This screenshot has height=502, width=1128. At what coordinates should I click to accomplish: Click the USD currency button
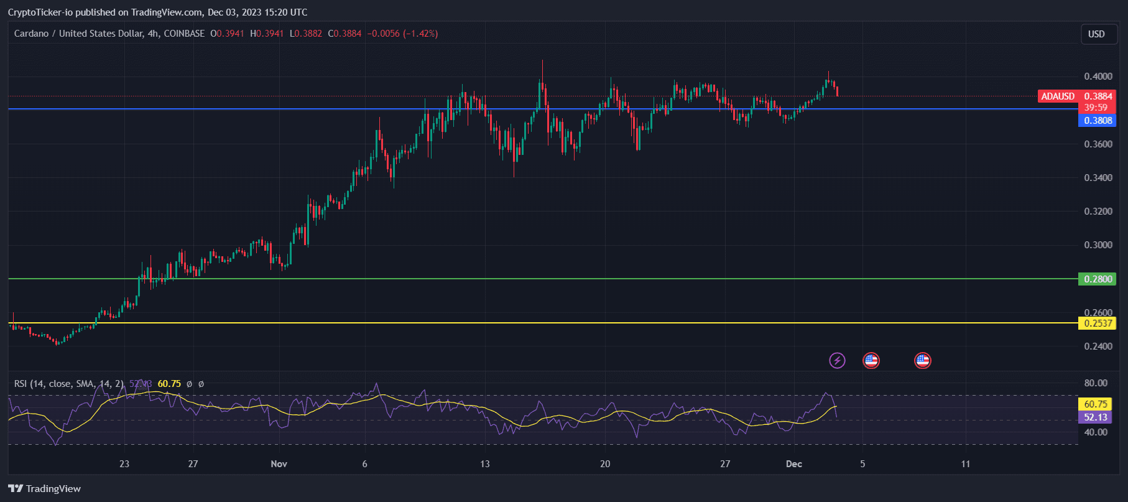point(1096,34)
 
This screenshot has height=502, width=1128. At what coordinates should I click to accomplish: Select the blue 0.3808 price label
point(1098,121)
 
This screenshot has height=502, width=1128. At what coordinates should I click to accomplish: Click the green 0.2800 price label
point(1098,279)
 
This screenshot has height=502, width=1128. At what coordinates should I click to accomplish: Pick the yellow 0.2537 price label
point(1098,323)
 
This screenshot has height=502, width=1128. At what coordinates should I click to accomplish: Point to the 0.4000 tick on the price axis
point(1098,77)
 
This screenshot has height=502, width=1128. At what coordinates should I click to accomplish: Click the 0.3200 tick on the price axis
point(1098,211)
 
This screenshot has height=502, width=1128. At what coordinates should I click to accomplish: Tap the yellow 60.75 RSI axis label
point(1095,404)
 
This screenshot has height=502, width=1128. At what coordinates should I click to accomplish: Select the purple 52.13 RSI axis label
point(1095,417)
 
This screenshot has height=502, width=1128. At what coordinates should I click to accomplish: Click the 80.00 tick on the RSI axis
point(1096,383)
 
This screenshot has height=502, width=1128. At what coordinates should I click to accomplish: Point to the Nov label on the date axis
point(279,464)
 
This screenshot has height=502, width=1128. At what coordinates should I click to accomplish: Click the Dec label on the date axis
point(793,464)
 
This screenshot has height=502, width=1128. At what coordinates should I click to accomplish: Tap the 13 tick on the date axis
point(485,464)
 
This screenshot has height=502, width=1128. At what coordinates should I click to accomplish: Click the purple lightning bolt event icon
point(837,360)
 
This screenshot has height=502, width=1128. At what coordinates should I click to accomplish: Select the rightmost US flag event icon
point(922,360)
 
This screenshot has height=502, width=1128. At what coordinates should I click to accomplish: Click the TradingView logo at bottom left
point(45,489)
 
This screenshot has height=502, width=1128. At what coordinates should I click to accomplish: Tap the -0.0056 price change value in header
point(383,34)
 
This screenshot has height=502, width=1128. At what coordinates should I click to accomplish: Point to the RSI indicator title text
point(68,384)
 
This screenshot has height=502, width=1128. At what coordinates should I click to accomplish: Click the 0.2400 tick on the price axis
point(1098,346)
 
